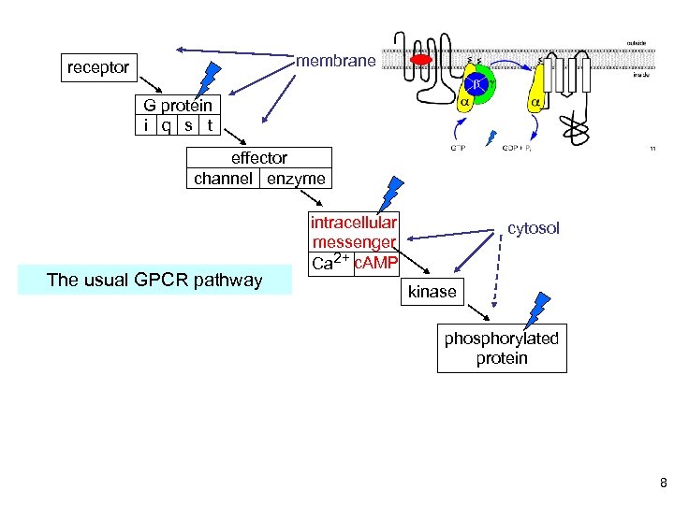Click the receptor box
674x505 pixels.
[98, 67]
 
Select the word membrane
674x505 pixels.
[336, 62]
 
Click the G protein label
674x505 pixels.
[178, 105]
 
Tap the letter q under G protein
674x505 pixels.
[166, 124]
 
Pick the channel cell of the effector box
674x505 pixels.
[224, 178]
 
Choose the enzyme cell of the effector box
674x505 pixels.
[296, 178]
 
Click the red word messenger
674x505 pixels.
[355, 242]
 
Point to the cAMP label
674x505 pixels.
[377, 263]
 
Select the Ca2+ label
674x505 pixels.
[331, 263]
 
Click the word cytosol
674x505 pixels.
[534, 228]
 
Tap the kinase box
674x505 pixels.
[432, 292]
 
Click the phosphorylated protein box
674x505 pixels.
[502, 348]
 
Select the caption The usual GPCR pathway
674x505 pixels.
[155, 280]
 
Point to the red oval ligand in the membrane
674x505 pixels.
[422, 60]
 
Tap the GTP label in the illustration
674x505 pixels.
[459, 147]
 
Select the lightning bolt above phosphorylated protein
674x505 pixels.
[539, 309]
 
